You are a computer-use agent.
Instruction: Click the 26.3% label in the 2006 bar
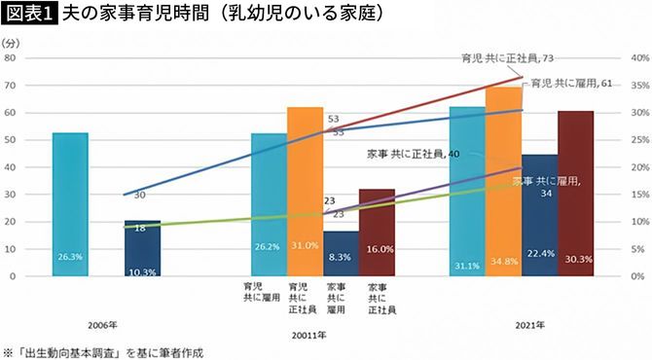tap(70, 257)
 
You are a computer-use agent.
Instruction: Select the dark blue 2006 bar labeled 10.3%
tap(142, 249)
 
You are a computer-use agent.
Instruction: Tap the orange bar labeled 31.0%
tap(304, 195)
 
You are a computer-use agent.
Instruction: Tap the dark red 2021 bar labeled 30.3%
tap(575, 195)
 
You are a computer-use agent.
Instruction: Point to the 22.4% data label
tap(539, 253)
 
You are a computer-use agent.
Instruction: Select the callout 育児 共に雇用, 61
tap(568, 85)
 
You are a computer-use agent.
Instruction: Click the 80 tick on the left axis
tap(10, 58)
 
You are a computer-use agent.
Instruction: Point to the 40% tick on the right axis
tap(639, 58)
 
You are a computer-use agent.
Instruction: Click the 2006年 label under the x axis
tap(103, 322)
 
